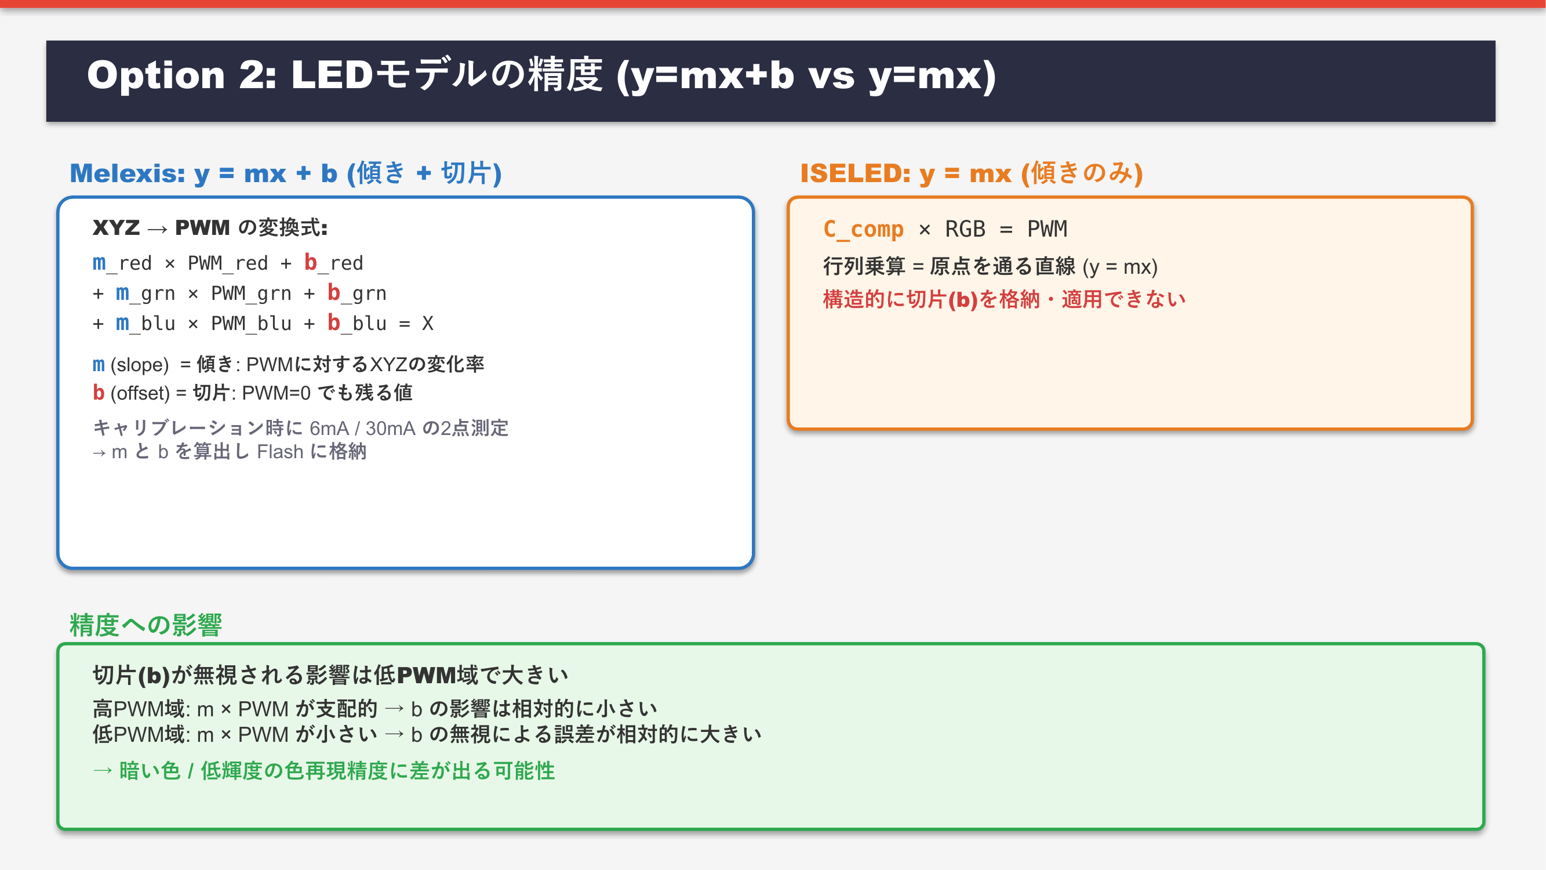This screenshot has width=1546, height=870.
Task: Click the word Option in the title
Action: tap(156, 76)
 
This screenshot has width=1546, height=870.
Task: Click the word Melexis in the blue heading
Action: tap(127, 173)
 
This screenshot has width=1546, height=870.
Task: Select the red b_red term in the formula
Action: tap(334, 263)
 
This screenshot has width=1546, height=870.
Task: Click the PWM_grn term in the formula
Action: tap(252, 293)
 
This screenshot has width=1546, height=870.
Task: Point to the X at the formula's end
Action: tap(427, 324)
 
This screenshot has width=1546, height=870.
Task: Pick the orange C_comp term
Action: tap(863, 229)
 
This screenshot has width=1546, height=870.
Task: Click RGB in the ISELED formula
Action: tap(965, 229)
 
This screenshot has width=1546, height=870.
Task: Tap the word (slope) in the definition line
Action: tap(140, 365)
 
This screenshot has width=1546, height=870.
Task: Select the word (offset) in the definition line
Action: tap(140, 393)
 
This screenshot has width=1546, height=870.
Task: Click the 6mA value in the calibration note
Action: tap(329, 428)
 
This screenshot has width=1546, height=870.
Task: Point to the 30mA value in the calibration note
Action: tap(390, 428)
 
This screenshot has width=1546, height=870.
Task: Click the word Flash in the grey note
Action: tap(280, 451)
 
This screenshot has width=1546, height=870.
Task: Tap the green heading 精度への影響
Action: tap(146, 625)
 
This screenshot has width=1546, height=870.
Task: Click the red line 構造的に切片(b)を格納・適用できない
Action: tap(1004, 299)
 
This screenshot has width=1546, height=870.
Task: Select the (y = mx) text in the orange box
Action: tap(1120, 267)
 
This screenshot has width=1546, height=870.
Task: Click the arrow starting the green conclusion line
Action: tap(103, 770)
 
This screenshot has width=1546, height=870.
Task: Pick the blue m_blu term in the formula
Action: tap(146, 324)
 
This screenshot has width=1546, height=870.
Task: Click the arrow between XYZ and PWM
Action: tap(157, 229)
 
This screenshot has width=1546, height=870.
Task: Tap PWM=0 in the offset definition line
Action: tap(276, 393)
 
